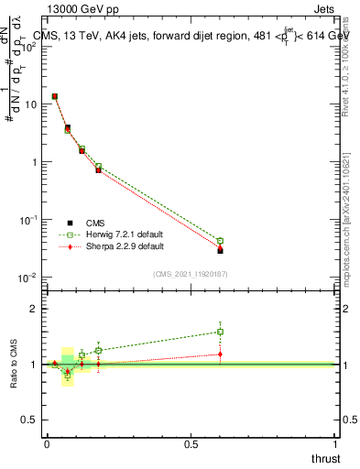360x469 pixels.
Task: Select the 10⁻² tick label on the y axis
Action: (x=28, y=278)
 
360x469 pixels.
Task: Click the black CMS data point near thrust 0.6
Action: (x=220, y=250)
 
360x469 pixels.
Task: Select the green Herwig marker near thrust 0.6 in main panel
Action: (x=220, y=241)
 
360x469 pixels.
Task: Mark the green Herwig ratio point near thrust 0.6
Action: (x=220, y=332)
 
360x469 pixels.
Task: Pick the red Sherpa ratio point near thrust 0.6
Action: (x=220, y=354)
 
